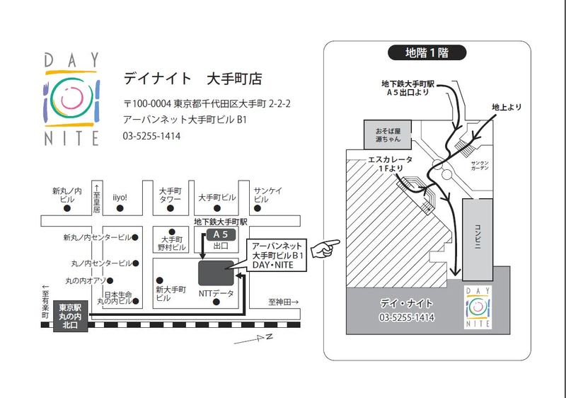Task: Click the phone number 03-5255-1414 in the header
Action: (x=151, y=135)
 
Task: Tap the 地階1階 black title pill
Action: (x=427, y=52)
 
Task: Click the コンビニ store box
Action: (x=478, y=231)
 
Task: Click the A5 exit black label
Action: (x=220, y=234)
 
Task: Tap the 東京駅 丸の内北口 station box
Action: (x=70, y=317)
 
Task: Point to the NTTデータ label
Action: (x=216, y=292)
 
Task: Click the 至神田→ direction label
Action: (x=284, y=302)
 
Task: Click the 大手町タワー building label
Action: (x=171, y=195)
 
